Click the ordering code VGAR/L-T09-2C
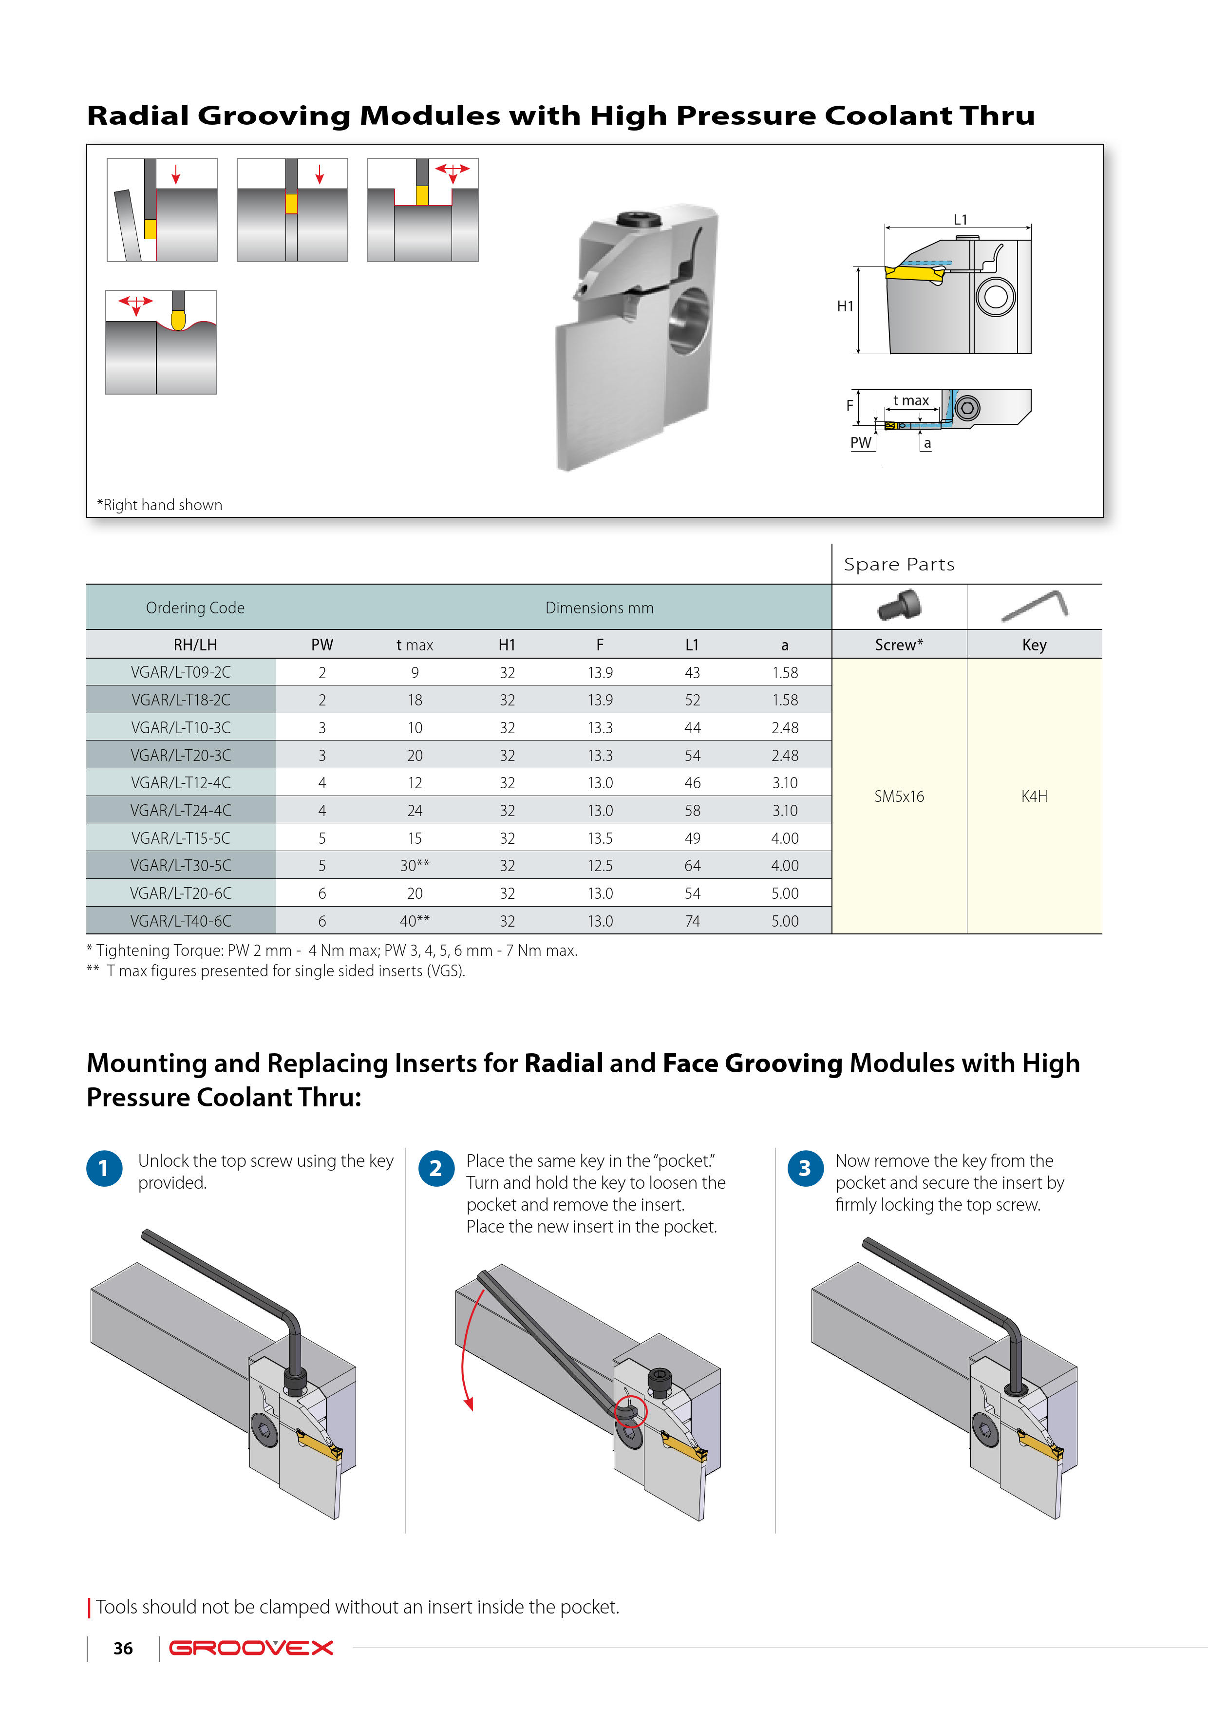point(181,672)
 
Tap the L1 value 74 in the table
point(692,921)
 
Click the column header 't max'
point(415,645)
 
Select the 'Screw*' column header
point(899,645)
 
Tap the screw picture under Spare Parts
point(899,605)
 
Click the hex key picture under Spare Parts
point(1035,605)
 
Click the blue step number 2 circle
point(436,1169)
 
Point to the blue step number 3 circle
point(805,1169)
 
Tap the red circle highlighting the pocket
point(630,1411)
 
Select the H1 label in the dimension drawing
point(845,306)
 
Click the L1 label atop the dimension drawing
point(960,220)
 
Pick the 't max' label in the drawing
point(911,400)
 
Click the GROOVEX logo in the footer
point(251,1648)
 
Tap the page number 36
point(123,1649)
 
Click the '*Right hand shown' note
point(160,505)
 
